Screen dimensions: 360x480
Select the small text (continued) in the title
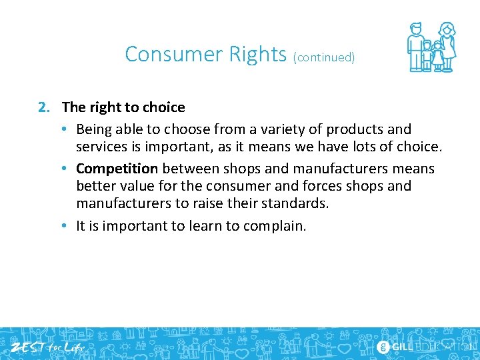[x=324, y=57]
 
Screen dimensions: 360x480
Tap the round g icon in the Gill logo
[x=383, y=347]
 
